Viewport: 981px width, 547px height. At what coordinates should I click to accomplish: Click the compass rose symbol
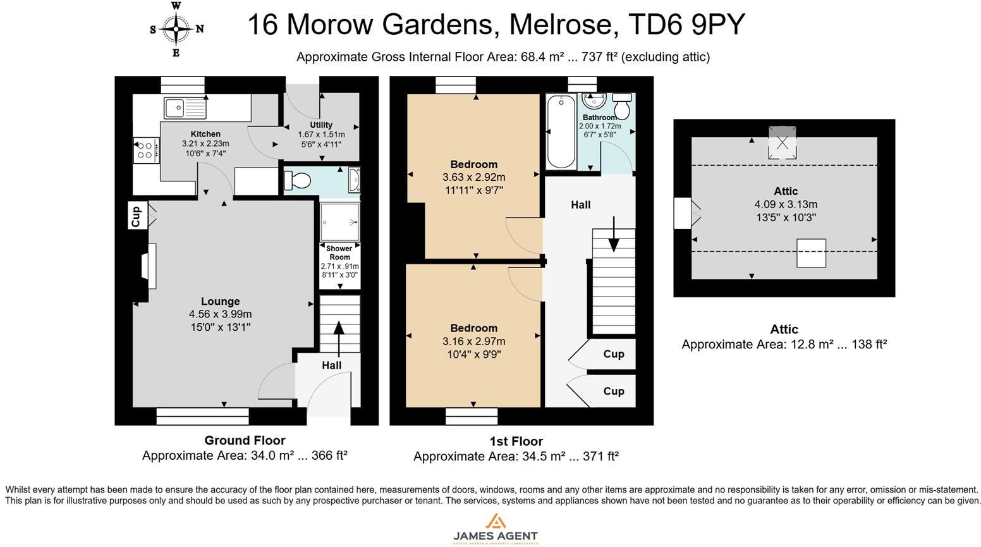point(176,29)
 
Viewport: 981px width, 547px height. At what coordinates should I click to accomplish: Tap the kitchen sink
point(185,108)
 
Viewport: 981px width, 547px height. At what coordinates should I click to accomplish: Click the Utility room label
point(321,125)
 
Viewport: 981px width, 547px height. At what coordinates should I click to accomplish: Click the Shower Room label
point(339,253)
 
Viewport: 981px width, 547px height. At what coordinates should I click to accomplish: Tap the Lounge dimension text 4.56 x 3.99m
point(220,314)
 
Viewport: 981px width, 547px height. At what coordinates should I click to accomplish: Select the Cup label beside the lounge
point(137,216)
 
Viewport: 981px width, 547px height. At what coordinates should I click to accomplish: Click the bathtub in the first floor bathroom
point(561,132)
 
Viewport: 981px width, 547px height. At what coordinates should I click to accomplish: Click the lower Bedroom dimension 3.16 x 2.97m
point(473,341)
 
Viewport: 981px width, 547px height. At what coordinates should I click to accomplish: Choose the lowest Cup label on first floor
point(613,391)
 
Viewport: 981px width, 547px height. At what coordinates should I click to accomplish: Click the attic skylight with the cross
point(783,142)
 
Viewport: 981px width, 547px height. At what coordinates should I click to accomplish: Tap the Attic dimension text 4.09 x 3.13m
point(785,204)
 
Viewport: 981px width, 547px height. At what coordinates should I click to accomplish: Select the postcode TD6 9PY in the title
point(687,25)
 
